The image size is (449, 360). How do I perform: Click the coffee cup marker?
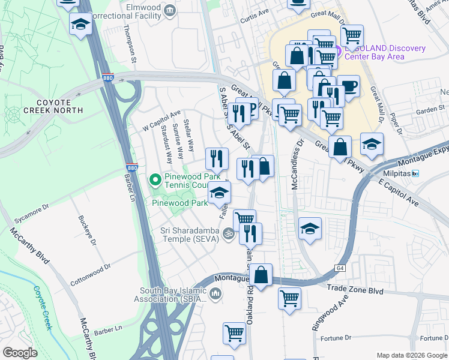point(349,86)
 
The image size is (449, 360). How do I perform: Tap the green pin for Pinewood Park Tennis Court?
point(155,179)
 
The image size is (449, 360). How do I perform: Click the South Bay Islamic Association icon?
point(215,293)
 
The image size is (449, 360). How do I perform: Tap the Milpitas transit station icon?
point(423,173)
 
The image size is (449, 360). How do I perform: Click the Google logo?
point(20,353)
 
